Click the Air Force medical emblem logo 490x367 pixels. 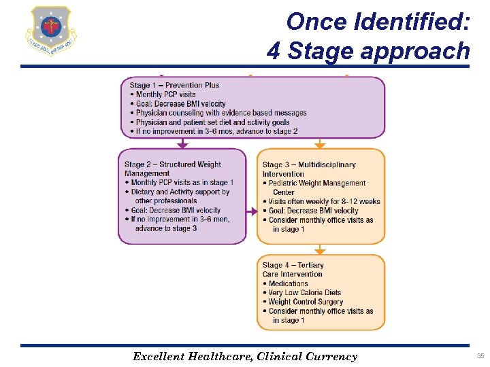(50, 31)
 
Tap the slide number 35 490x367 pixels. (480, 355)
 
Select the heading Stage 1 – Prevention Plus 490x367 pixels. (175, 85)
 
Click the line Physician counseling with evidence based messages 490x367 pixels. (221, 113)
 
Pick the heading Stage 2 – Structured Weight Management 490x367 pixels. (173, 169)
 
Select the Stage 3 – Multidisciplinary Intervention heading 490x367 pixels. (309, 169)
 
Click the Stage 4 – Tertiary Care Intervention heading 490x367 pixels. (293, 269)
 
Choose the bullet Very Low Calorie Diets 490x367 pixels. (305, 293)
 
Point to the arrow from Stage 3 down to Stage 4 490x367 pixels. (320, 249)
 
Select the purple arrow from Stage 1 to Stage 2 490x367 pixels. (182, 143)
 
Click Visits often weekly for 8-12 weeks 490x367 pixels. (324, 201)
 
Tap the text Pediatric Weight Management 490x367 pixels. (317, 183)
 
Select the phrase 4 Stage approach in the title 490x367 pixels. (368, 50)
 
